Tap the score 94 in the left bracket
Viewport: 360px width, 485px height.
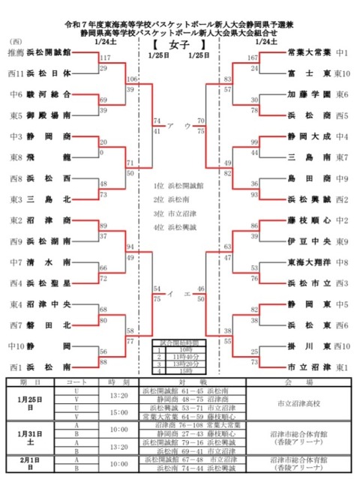click(x=131, y=246)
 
